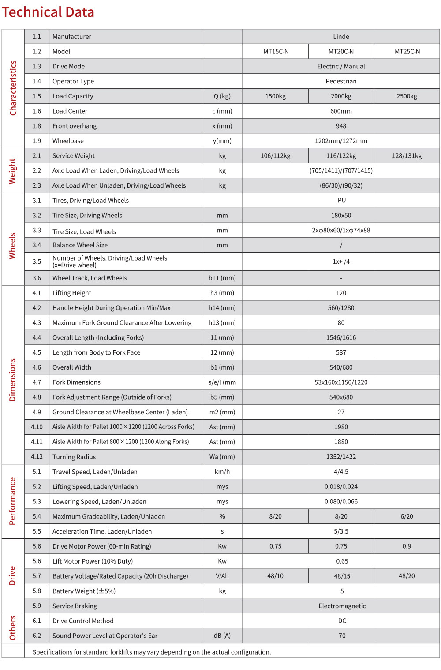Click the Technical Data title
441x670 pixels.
pos(48,12)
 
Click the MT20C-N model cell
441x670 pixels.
pos(341,52)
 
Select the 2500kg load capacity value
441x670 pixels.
pos(407,96)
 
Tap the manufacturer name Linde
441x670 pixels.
pos(341,37)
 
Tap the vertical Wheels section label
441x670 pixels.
pos(12,246)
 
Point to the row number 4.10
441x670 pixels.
pos(37,427)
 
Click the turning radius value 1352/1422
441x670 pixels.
pos(341,457)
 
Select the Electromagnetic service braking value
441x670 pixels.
pos(342,606)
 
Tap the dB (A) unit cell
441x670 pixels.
pos(222,636)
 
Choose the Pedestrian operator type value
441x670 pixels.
pos(341,81)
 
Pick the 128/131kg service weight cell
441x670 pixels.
pos(407,156)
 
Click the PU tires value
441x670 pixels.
pos(341,201)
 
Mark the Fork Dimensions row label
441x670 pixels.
pos(76,382)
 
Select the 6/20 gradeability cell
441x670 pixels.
pos(407,517)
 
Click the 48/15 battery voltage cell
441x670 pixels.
pos(341,576)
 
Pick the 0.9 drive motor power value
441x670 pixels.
pos(407,546)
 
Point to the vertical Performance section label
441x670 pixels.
pos(12,501)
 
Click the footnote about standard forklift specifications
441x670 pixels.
pos(152,652)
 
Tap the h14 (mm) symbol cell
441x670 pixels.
pos(222,308)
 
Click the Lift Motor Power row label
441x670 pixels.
pos(93,561)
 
